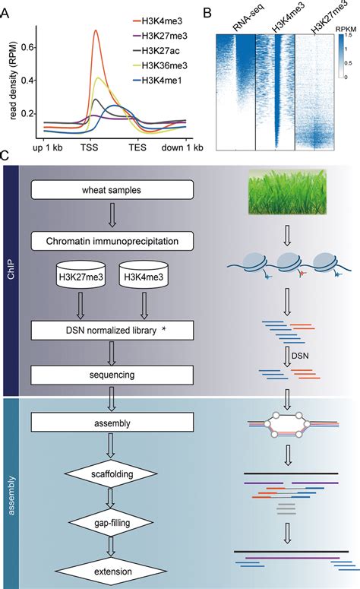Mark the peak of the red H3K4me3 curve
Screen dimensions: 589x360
[x=96, y=30]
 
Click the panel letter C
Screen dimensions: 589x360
[x=5, y=156]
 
